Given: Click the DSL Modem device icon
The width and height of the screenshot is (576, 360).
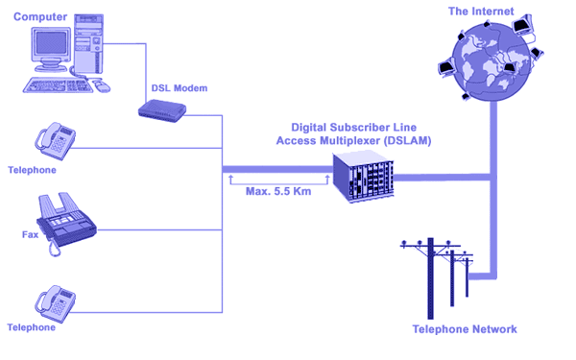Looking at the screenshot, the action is [162, 110].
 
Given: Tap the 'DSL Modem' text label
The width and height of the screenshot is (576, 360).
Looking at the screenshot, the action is [180, 88].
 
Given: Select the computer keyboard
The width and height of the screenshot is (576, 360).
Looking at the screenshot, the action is [58, 85].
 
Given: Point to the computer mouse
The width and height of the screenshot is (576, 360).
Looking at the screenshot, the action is [101, 85].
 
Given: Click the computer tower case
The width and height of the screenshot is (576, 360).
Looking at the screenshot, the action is [88, 44].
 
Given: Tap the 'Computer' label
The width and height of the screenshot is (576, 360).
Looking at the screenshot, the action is [40, 17].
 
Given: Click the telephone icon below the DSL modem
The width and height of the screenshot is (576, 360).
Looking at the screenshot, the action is [56, 141].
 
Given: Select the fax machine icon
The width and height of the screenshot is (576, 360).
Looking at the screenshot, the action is [66, 223].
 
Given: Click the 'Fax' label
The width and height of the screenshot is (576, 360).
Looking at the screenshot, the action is [30, 234].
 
